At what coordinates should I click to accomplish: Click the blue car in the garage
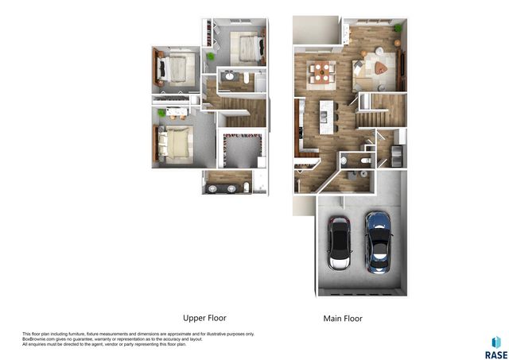[x=379, y=241]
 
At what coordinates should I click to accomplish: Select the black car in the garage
[x=340, y=244]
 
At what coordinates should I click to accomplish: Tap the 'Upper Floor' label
[x=204, y=317]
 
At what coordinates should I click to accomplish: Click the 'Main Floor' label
[x=343, y=319]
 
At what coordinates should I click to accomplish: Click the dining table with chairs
[x=321, y=73]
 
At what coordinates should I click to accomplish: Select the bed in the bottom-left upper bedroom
[x=174, y=143]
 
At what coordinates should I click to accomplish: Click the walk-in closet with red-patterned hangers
[x=241, y=146]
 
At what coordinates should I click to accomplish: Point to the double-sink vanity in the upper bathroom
[x=223, y=189]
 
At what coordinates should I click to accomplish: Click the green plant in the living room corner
[x=398, y=29]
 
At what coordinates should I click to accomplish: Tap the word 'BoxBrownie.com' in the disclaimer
[x=41, y=339]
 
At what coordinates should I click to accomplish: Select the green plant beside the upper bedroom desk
[x=212, y=57]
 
